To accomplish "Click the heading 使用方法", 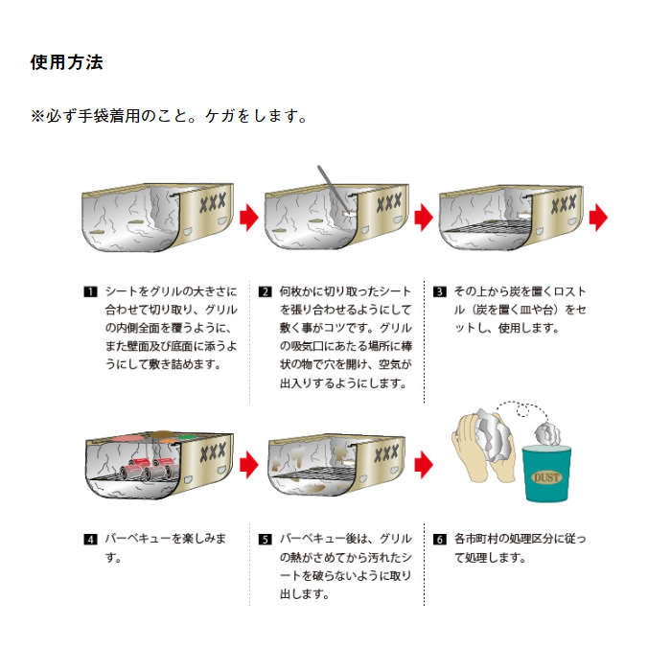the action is (x=66, y=62).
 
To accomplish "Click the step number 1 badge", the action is (x=90, y=291).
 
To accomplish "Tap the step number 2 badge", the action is (x=265, y=291).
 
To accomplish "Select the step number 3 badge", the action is (x=439, y=291).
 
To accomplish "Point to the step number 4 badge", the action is (x=90, y=539).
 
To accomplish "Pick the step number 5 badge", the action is (x=265, y=539).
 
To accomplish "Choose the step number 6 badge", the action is (x=439, y=539).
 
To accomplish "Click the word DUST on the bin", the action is (x=546, y=477).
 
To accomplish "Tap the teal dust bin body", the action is (x=546, y=474).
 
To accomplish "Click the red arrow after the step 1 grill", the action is (x=249, y=217).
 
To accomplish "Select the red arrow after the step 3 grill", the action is (x=598, y=217).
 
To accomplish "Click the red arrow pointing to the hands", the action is (x=424, y=464).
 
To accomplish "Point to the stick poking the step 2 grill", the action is (x=333, y=188).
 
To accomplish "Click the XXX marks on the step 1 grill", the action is (x=213, y=202).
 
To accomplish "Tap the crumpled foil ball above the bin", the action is (x=547, y=434).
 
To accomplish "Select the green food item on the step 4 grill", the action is (x=186, y=437).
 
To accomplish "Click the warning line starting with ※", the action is (x=169, y=116).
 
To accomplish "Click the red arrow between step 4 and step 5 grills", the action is (x=249, y=464).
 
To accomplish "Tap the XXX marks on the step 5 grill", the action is (x=387, y=453).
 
